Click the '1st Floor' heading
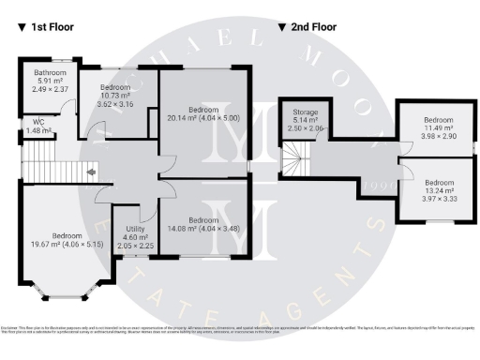(53, 28)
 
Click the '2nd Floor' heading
(313, 28)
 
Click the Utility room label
(135, 230)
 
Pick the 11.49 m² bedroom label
(438, 121)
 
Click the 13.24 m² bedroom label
(438, 182)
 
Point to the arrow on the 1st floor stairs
(90, 172)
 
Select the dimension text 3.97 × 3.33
(438, 200)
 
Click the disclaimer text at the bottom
(240, 327)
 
